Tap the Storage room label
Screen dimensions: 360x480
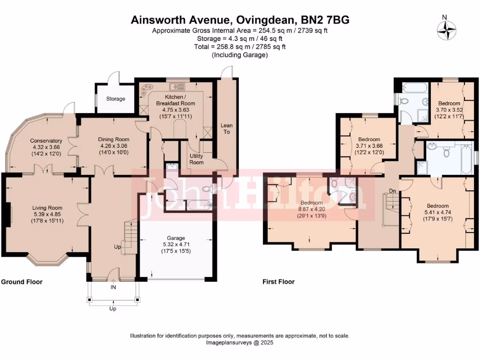pyautogui.click(x=115, y=99)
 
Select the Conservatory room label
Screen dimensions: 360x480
pyautogui.click(x=46, y=141)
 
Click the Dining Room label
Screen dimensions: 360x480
pyautogui.click(x=113, y=139)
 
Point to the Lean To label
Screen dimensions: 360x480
pyautogui.click(x=227, y=129)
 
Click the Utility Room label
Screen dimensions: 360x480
pyautogui.click(x=196, y=159)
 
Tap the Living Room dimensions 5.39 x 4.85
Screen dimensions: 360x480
pyautogui.click(x=47, y=214)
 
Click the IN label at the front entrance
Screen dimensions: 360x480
pyautogui.click(x=113, y=287)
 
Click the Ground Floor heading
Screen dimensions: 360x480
pyautogui.click(x=22, y=282)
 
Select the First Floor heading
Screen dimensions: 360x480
pyautogui.click(x=278, y=282)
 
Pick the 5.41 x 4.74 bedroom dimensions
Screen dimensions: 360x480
pyautogui.click(x=438, y=212)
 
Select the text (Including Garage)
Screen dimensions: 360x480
pyautogui.click(x=240, y=55)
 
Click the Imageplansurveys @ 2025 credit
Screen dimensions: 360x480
pyautogui.click(x=240, y=343)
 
